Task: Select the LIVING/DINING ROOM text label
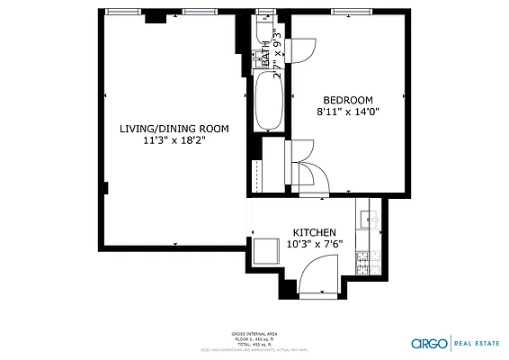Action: pos(174,129)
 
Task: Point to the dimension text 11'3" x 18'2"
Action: pos(174,141)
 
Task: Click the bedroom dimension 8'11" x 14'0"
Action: pos(347,112)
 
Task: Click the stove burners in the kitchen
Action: pos(364,262)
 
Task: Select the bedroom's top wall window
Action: pos(346,13)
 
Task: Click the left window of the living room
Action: pos(124,13)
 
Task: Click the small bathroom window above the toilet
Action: pos(264,13)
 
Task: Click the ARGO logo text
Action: pos(427,343)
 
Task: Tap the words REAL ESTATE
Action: pos(480,343)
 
